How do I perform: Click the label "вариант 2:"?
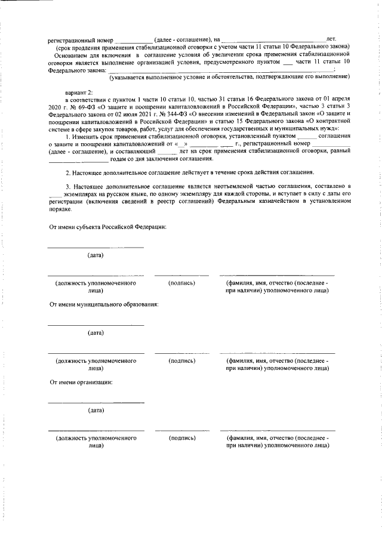tap(79, 94)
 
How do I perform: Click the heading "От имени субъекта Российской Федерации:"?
tap(107, 227)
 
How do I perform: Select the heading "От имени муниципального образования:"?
tap(103, 304)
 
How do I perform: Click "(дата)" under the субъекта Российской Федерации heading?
tap(95, 255)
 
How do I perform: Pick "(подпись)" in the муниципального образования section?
tap(181, 360)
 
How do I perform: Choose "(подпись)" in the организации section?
tap(181, 438)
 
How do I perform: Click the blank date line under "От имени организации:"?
tap(95, 402)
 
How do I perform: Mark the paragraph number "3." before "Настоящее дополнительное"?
tap(68, 187)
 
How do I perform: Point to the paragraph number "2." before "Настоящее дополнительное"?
tap(68, 172)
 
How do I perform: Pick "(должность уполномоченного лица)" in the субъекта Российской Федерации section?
tap(95, 286)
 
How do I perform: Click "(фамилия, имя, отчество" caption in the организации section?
tap(276, 438)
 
